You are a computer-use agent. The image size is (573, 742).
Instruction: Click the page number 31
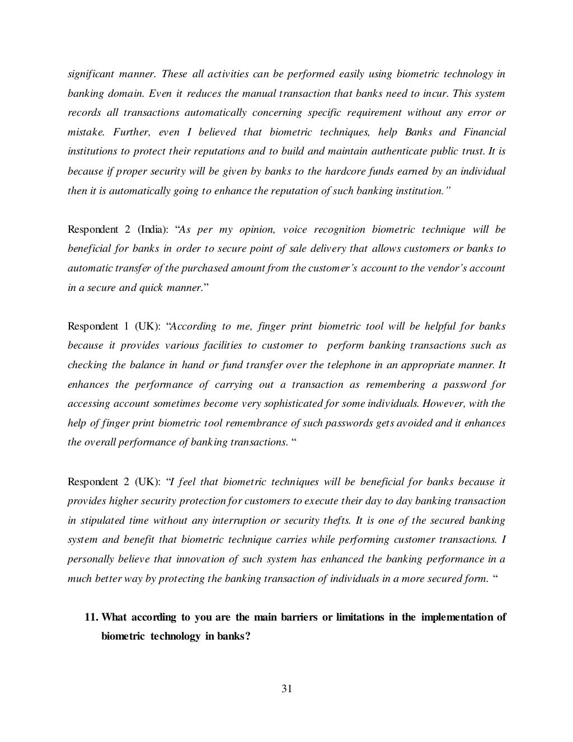pos(286,689)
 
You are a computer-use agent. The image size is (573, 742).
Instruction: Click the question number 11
pos(91,617)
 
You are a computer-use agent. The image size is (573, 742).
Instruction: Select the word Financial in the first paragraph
pos(485,133)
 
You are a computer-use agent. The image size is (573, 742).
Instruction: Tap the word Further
pos(130,133)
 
